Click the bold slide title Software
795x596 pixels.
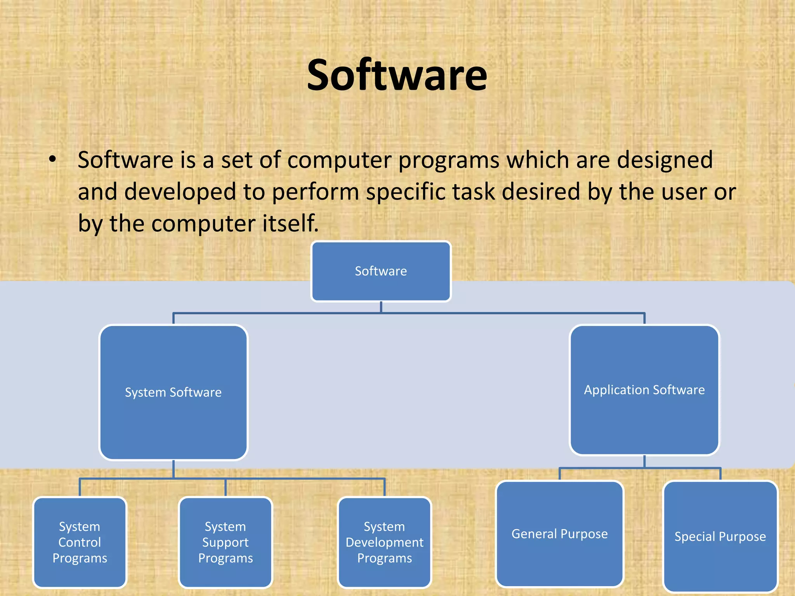point(397,75)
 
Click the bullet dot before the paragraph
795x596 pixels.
point(53,159)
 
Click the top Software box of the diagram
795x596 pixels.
point(381,271)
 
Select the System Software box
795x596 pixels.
point(173,392)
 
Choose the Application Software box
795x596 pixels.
point(644,390)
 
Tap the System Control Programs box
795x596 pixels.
point(80,542)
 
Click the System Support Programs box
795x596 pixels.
point(225,542)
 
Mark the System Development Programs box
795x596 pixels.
point(384,542)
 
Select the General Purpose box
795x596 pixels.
point(559,534)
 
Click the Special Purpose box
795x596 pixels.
point(720,537)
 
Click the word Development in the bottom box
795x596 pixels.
point(384,542)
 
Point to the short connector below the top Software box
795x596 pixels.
point(381,307)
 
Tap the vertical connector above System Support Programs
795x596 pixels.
point(226,488)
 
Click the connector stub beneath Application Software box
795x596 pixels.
point(644,461)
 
